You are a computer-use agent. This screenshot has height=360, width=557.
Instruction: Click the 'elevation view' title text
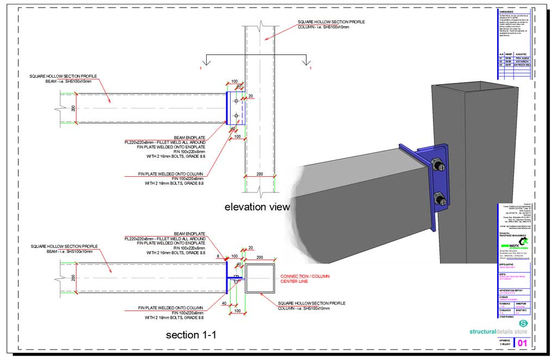[x=257, y=207]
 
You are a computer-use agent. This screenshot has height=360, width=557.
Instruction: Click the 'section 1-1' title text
[x=191, y=335]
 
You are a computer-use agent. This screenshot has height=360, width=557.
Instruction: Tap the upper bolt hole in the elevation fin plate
[x=236, y=101]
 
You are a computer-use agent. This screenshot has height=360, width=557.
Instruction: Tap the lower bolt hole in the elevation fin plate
[x=236, y=116]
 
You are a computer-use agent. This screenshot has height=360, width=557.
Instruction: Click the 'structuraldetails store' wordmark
[x=498, y=331]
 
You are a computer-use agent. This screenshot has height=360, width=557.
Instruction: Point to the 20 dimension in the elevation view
[x=250, y=96]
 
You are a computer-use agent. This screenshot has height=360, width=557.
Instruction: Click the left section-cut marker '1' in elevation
[x=201, y=69]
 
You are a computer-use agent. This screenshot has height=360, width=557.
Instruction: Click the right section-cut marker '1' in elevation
[x=310, y=69]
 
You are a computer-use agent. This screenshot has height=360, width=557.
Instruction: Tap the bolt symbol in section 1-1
[x=236, y=278]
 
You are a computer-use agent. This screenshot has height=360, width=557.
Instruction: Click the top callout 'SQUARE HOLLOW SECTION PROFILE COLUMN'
[x=331, y=24]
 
